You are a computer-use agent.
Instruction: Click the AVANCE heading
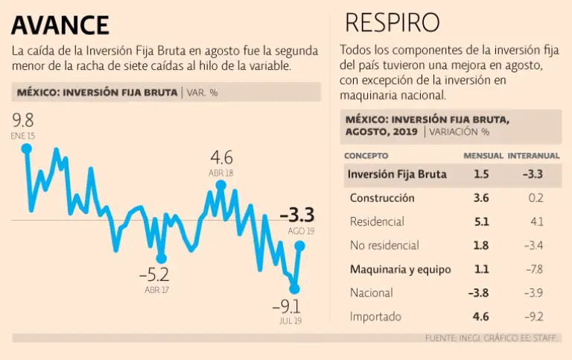(60, 24)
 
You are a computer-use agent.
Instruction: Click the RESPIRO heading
(392, 22)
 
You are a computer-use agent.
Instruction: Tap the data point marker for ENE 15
(27, 148)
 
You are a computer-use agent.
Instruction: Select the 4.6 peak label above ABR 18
(222, 158)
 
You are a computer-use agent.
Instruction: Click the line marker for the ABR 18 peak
(220, 185)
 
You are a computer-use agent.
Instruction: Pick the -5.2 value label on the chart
(154, 274)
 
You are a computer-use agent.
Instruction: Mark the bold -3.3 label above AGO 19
(297, 215)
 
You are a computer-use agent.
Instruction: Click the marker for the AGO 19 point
(300, 245)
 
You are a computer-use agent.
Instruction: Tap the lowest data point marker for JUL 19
(294, 288)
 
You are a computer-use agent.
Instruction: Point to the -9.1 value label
(287, 306)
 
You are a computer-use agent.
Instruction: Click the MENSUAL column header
(483, 156)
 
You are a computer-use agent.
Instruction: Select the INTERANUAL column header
(533, 156)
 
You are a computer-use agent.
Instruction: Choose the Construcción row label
(382, 198)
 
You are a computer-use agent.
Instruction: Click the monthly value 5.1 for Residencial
(481, 221)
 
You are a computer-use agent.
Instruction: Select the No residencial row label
(384, 245)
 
